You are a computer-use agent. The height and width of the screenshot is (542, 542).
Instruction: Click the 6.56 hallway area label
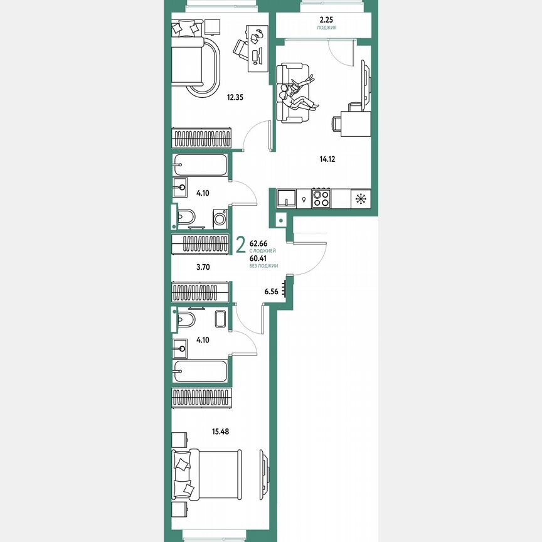tap(272, 292)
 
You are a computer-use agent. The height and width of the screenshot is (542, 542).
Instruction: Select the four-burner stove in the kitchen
tap(322, 199)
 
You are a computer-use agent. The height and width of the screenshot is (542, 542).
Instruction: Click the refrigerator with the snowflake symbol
tap(360, 199)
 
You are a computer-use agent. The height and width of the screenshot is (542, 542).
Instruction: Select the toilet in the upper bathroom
tap(186, 216)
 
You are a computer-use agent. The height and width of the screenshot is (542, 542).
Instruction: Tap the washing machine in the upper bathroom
tap(219, 219)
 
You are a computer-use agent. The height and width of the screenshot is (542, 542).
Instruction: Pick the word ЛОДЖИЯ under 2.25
tap(326, 29)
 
